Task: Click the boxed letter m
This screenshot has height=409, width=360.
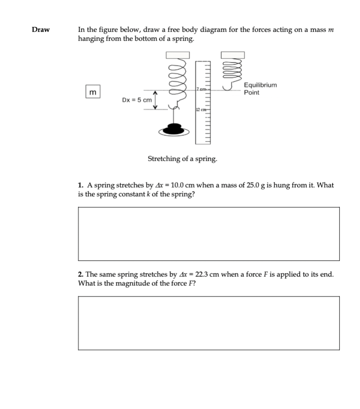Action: pos(92,92)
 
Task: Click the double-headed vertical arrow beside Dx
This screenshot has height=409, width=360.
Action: pos(155,99)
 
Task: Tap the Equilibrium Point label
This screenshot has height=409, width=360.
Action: pos(260,89)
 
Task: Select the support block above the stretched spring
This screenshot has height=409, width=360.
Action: pos(178,55)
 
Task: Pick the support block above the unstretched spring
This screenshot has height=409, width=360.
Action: pos(232,55)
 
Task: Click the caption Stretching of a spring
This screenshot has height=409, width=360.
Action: pos(182,159)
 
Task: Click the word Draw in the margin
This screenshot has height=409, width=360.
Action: pos(41,30)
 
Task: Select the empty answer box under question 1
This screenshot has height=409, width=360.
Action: pos(209,234)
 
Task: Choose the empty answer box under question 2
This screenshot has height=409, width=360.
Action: pos(209,323)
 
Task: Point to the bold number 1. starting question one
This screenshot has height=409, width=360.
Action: pos(81,185)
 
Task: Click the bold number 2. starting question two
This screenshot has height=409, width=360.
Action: pos(81,274)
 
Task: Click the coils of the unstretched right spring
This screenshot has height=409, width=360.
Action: pos(232,70)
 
